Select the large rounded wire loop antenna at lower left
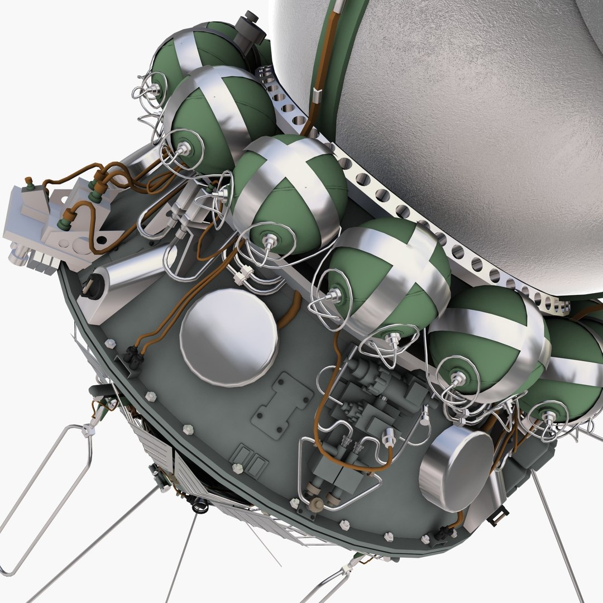[x=45, y=491]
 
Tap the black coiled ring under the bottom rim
[x=200, y=507]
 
